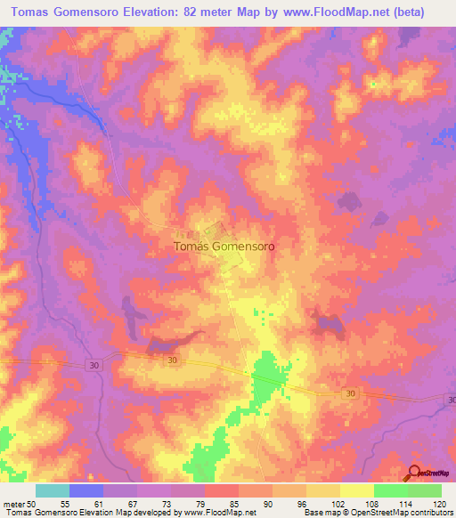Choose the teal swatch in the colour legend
tap(53, 490)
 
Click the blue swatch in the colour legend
tap(86, 490)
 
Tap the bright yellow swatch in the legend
tap(357, 490)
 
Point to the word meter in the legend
tap(14, 503)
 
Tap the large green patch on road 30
tap(266, 377)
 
